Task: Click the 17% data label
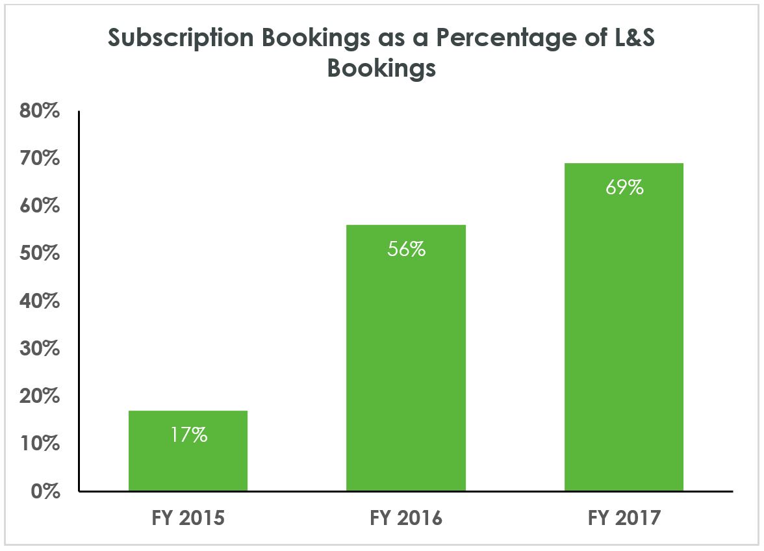pos(188,435)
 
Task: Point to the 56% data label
pos(406,249)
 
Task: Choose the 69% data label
pos(624,188)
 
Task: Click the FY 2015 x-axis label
pos(188,519)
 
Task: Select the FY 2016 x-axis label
pos(406,519)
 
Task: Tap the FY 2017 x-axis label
pos(624,519)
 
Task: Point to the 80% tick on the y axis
pos(40,111)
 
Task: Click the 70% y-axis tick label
pos(40,159)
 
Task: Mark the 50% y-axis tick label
pos(40,253)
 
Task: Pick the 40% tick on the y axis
pos(40,301)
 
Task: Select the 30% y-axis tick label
pos(40,349)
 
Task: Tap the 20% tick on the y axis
pos(40,396)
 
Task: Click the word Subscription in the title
pos(181,38)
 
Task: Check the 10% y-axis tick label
pos(40,444)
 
